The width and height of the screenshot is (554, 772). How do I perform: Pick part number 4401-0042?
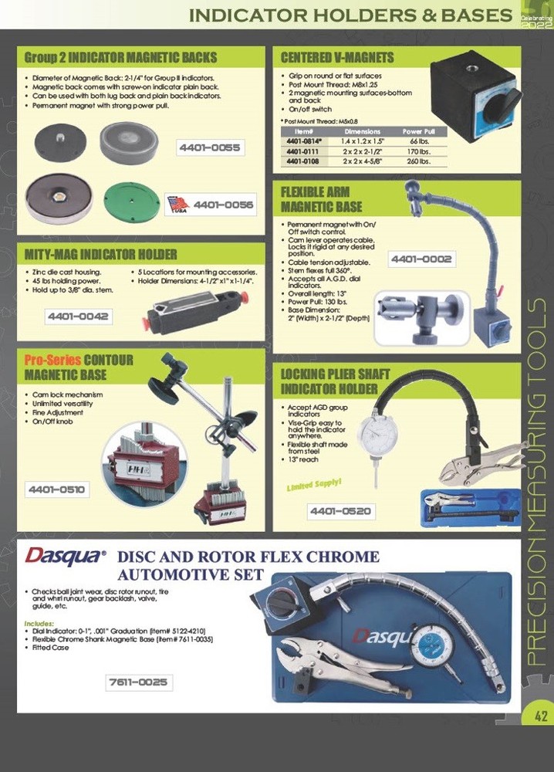[79, 317]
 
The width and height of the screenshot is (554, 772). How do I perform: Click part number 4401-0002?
[421, 259]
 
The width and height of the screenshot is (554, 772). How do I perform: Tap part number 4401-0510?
[58, 489]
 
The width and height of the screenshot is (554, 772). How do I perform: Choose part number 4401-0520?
[340, 511]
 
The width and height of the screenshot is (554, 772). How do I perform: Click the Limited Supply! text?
[314, 486]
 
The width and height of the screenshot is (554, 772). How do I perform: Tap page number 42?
[540, 716]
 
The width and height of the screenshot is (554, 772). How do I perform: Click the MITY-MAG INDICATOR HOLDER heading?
[101, 254]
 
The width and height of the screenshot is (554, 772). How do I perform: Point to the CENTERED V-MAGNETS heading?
[337, 57]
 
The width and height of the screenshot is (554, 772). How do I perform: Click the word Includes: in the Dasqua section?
[39, 623]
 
